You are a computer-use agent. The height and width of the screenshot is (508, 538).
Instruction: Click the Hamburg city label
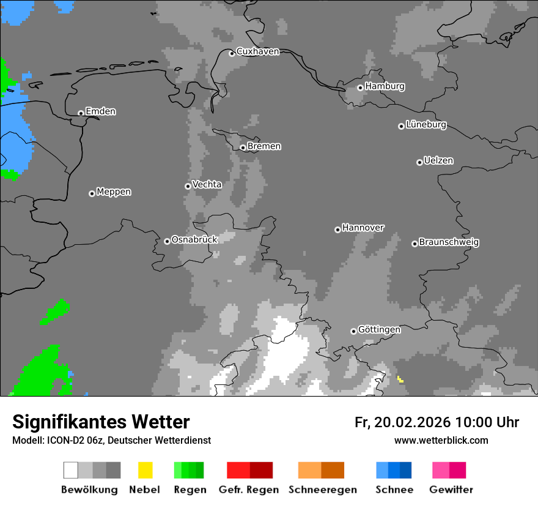pyautogui.click(x=385, y=86)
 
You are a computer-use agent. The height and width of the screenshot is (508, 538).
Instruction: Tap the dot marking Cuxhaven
pyautogui.click(x=232, y=53)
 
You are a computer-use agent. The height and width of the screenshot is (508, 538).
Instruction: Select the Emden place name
pyautogui.click(x=100, y=111)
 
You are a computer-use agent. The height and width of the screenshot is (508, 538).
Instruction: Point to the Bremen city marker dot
pyautogui.click(x=243, y=148)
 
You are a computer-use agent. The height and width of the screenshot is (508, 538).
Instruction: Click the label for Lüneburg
pyautogui.click(x=426, y=124)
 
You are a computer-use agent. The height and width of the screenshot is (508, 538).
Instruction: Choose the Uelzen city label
pyautogui.click(x=438, y=160)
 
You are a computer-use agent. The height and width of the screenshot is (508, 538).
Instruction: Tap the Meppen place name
pyautogui.click(x=114, y=192)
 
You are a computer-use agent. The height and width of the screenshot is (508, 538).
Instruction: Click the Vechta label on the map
pyautogui.click(x=207, y=184)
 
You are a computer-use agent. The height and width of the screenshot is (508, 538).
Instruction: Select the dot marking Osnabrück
pyautogui.click(x=167, y=241)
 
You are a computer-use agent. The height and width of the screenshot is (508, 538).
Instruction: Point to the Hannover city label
pyautogui.click(x=363, y=228)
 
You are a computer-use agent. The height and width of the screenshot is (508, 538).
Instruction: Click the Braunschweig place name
pyautogui.click(x=449, y=242)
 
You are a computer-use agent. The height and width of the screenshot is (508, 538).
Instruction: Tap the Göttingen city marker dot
pyautogui.click(x=353, y=331)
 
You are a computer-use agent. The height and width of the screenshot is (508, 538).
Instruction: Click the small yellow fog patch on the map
pyautogui.click(x=400, y=379)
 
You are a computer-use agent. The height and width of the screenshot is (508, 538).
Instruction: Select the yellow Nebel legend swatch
pyautogui.click(x=145, y=470)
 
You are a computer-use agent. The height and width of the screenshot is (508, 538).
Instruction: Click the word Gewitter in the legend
pyautogui.click(x=451, y=490)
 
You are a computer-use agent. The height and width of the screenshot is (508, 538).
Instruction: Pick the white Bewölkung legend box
pyautogui.click(x=71, y=470)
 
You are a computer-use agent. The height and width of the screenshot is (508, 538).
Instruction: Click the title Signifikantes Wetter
pyautogui.click(x=101, y=422)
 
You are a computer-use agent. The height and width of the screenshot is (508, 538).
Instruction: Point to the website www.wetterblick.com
pyautogui.click(x=441, y=440)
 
